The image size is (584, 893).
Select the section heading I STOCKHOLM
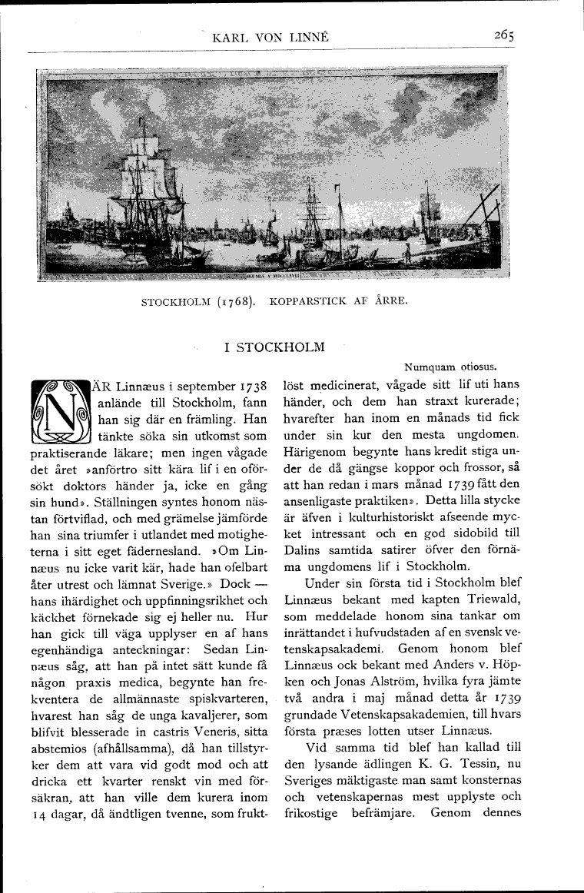(x=274, y=347)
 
